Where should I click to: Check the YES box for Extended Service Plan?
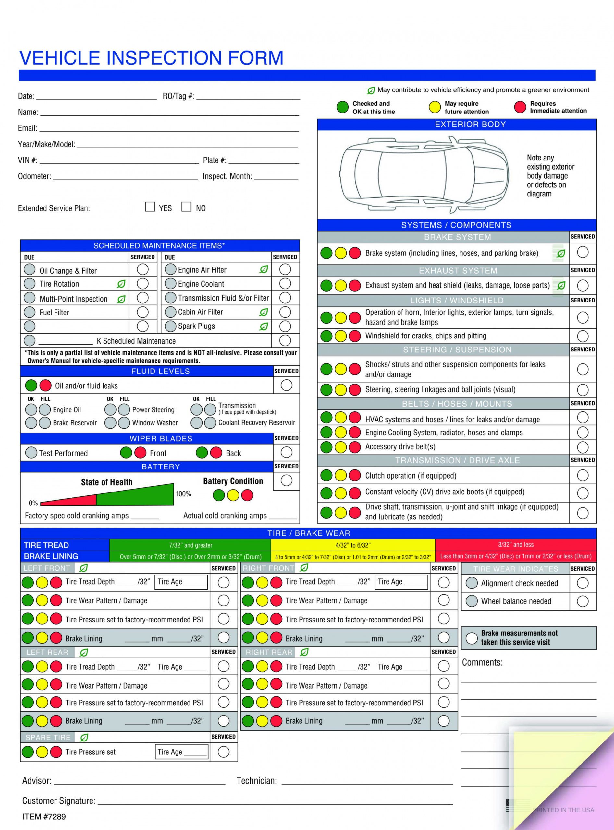tap(150, 207)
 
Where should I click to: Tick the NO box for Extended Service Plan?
tap(186, 207)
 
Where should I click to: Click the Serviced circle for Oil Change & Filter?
tap(142, 270)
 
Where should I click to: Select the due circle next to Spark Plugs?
tap(170, 326)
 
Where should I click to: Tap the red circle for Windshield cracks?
tap(355, 336)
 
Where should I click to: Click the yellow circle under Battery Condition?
tap(233, 495)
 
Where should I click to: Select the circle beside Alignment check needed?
tap(471, 583)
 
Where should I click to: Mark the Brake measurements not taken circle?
tap(471, 638)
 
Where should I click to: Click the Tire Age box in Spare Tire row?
tap(181, 752)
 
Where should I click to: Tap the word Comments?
tap(482, 662)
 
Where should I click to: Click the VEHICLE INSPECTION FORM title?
tap(151, 58)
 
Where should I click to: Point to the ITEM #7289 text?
tap(44, 816)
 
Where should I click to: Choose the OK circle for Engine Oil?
tap(31, 409)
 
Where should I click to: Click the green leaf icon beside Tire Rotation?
tap(121, 284)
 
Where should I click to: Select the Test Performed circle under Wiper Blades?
tap(31, 453)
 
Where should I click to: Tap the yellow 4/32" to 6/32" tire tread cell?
tap(353, 545)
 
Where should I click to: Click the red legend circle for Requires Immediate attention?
tap(520, 107)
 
